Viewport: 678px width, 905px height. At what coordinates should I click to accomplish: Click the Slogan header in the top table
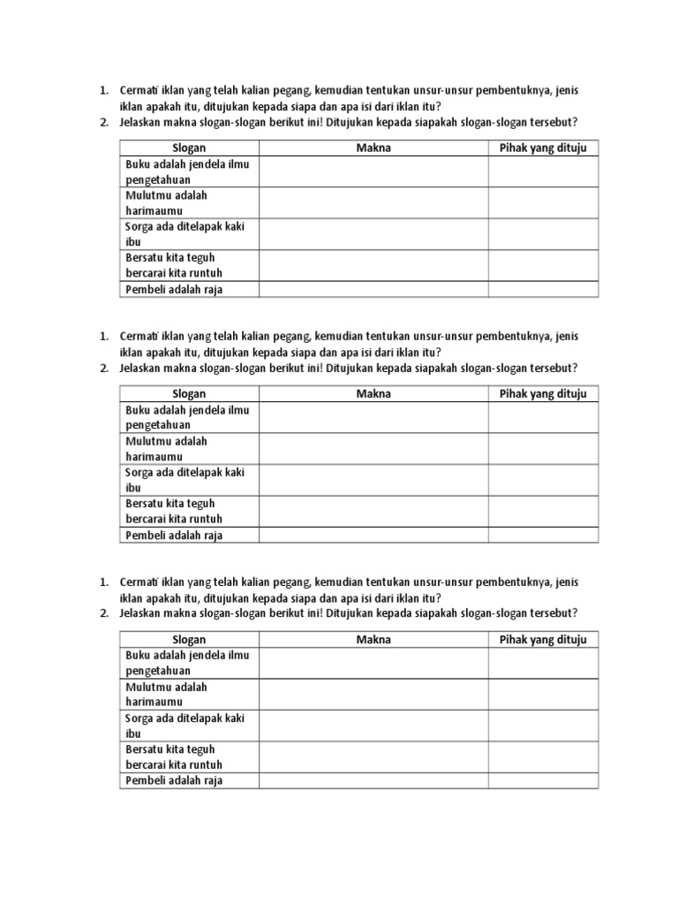[x=189, y=148]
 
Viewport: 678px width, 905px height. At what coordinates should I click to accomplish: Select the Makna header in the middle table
[x=373, y=394]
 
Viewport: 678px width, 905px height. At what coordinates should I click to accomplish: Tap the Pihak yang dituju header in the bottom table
[x=543, y=640]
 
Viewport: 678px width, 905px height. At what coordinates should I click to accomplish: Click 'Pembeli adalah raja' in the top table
[x=174, y=289]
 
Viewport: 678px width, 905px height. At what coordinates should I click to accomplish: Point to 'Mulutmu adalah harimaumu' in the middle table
[x=167, y=449]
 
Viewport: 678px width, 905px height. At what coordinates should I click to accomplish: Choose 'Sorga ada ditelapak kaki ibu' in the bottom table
[x=185, y=726]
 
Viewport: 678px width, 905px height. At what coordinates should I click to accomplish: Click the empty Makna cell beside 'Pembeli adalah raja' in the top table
[x=373, y=289]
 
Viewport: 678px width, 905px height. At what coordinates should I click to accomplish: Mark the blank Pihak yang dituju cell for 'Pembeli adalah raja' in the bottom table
[x=543, y=780]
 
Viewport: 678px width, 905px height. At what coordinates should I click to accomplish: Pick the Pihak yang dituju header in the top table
[x=543, y=148]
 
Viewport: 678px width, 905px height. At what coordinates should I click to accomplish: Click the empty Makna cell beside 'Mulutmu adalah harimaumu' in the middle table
[x=373, y=449]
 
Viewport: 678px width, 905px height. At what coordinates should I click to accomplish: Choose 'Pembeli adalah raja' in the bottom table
[x=174, y=780]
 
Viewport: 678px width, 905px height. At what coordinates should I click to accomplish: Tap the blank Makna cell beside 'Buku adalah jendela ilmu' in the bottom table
[x=373, y=663]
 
